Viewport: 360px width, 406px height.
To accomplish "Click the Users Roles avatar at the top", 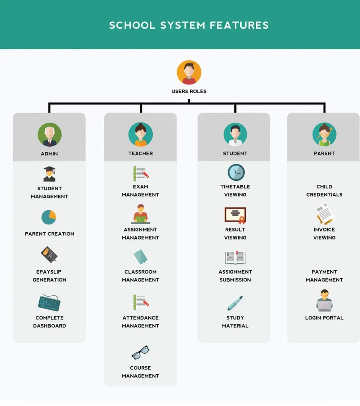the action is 189,73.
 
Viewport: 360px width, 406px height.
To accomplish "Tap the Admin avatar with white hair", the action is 50,135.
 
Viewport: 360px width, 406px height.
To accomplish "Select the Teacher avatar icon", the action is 141,134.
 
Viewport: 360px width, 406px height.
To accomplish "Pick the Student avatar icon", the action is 235,134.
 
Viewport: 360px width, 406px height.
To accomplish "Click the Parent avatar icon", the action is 324,134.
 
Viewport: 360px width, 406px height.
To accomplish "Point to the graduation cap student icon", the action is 49,174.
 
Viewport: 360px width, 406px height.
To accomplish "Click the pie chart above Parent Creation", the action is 49,217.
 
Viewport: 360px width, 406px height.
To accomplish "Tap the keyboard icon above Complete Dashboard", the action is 49,302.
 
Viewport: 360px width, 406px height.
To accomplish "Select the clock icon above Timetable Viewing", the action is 236,172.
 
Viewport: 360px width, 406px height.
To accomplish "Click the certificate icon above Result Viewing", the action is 235,215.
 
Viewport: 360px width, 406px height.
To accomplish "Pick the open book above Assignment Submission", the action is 235,257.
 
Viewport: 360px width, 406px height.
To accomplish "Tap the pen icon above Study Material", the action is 235,303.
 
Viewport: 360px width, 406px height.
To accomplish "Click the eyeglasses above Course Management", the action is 140,352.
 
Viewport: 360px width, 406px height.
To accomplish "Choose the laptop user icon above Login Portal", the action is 324,301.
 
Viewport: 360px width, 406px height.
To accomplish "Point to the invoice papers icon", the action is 324,214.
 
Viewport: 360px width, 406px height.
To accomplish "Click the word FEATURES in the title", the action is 239,25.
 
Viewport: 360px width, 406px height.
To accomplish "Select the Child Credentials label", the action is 324,191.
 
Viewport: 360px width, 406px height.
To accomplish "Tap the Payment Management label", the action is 324,276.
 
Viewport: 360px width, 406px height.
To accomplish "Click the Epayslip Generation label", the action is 49,276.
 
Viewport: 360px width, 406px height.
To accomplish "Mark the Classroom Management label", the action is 140,276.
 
